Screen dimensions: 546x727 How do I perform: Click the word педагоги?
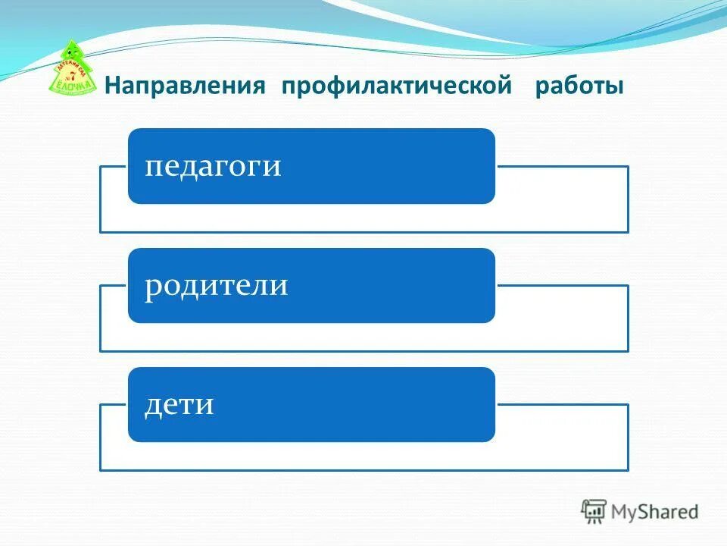(213, 166)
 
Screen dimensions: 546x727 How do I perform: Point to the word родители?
(216, 285)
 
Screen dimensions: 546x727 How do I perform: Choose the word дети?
(179, 404)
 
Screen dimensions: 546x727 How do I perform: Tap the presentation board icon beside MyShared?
(594, 511)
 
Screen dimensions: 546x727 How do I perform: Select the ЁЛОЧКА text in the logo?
(74, 86)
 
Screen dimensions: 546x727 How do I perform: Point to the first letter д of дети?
(152, 405)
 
